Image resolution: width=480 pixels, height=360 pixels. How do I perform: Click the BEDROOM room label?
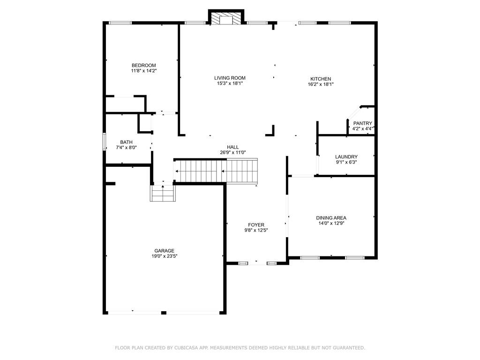pyautogui.click(x=143, y=65)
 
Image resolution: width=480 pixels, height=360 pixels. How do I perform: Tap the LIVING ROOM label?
pyautogui.click(x=230, y=78)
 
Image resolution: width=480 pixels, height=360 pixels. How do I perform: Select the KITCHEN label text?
pyautogui.click(x=321, y=79)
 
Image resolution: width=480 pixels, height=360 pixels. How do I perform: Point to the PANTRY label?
pyautogui.click(x=362, y=123)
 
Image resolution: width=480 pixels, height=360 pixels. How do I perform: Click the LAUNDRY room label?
pyautogui.click(x=346, y=157)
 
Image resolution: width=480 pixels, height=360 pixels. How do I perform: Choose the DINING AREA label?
pyautogui.click(x=331, y=217)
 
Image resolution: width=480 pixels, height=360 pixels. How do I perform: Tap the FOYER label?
pyautogui.click(x=256, y=225)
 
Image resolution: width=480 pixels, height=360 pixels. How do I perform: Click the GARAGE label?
pyautogui.click(x=164, y=251)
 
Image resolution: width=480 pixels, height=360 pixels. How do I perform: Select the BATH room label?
pyautogui.click(x=126, y=142)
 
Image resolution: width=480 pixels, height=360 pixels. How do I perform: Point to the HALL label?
pyautogui.click(x=233, y=147)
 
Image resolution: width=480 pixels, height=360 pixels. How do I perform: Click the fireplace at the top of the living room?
pyautogui.click(x=226, y=18)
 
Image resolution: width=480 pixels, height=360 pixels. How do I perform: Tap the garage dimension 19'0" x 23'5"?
pyautogui.click(x=164, y=256)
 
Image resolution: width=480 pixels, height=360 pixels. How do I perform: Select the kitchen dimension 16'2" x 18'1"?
pyautogui.click(x=321, y=84)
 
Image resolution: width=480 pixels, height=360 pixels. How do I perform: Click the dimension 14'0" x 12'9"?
pyautogui.click(x=331, y=223)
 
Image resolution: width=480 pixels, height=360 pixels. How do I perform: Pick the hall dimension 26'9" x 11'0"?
pyautogui.click(x=233, y=152)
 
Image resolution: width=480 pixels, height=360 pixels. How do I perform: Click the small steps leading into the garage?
pyautogui.click(x=163, y=193)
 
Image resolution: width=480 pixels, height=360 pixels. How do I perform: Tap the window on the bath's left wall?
pyautogui.click(x=104, y=142)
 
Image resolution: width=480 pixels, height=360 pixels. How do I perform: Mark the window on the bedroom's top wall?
pyautogui.click(x=120, y=22)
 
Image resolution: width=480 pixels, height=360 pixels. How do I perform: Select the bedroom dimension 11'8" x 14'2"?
pyautogui.click(x=143, y=71)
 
